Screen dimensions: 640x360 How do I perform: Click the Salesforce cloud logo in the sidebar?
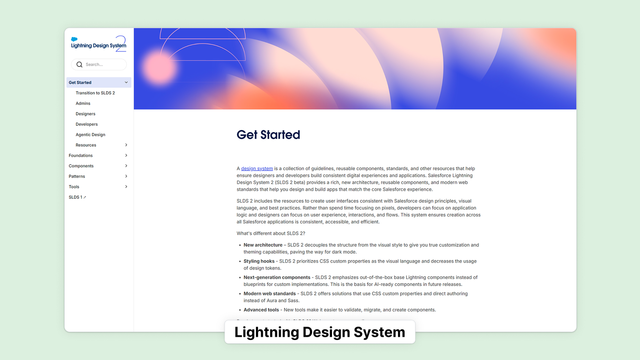(74, 39)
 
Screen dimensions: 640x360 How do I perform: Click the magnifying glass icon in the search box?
(80, 64)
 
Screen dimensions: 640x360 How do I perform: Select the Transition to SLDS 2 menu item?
(95, 93)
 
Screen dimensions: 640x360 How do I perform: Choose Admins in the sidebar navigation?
(83, 104)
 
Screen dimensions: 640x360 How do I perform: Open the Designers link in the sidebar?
(86, 114)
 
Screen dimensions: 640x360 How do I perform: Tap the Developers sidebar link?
(86, 124)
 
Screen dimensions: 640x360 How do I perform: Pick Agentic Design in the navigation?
(90, 134)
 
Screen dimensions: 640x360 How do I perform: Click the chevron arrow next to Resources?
(126, 145)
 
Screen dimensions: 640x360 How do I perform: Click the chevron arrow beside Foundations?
(126, 156)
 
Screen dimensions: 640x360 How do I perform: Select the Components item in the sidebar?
(81, 166)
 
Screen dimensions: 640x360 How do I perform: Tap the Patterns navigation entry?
(77, 176)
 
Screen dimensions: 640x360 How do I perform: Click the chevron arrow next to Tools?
(126, 186)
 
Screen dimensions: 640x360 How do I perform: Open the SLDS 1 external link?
(77, 197)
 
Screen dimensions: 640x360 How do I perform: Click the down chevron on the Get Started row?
(126, 82)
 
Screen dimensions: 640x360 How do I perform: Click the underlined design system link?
(257, 168)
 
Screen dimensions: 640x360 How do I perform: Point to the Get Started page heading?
(268, 134)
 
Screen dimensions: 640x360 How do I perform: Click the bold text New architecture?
(263, 245)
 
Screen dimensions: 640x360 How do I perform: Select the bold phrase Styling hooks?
(259, 261)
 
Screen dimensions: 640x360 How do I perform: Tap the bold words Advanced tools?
(261, 310)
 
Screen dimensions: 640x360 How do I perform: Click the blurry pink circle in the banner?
(159, 68)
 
